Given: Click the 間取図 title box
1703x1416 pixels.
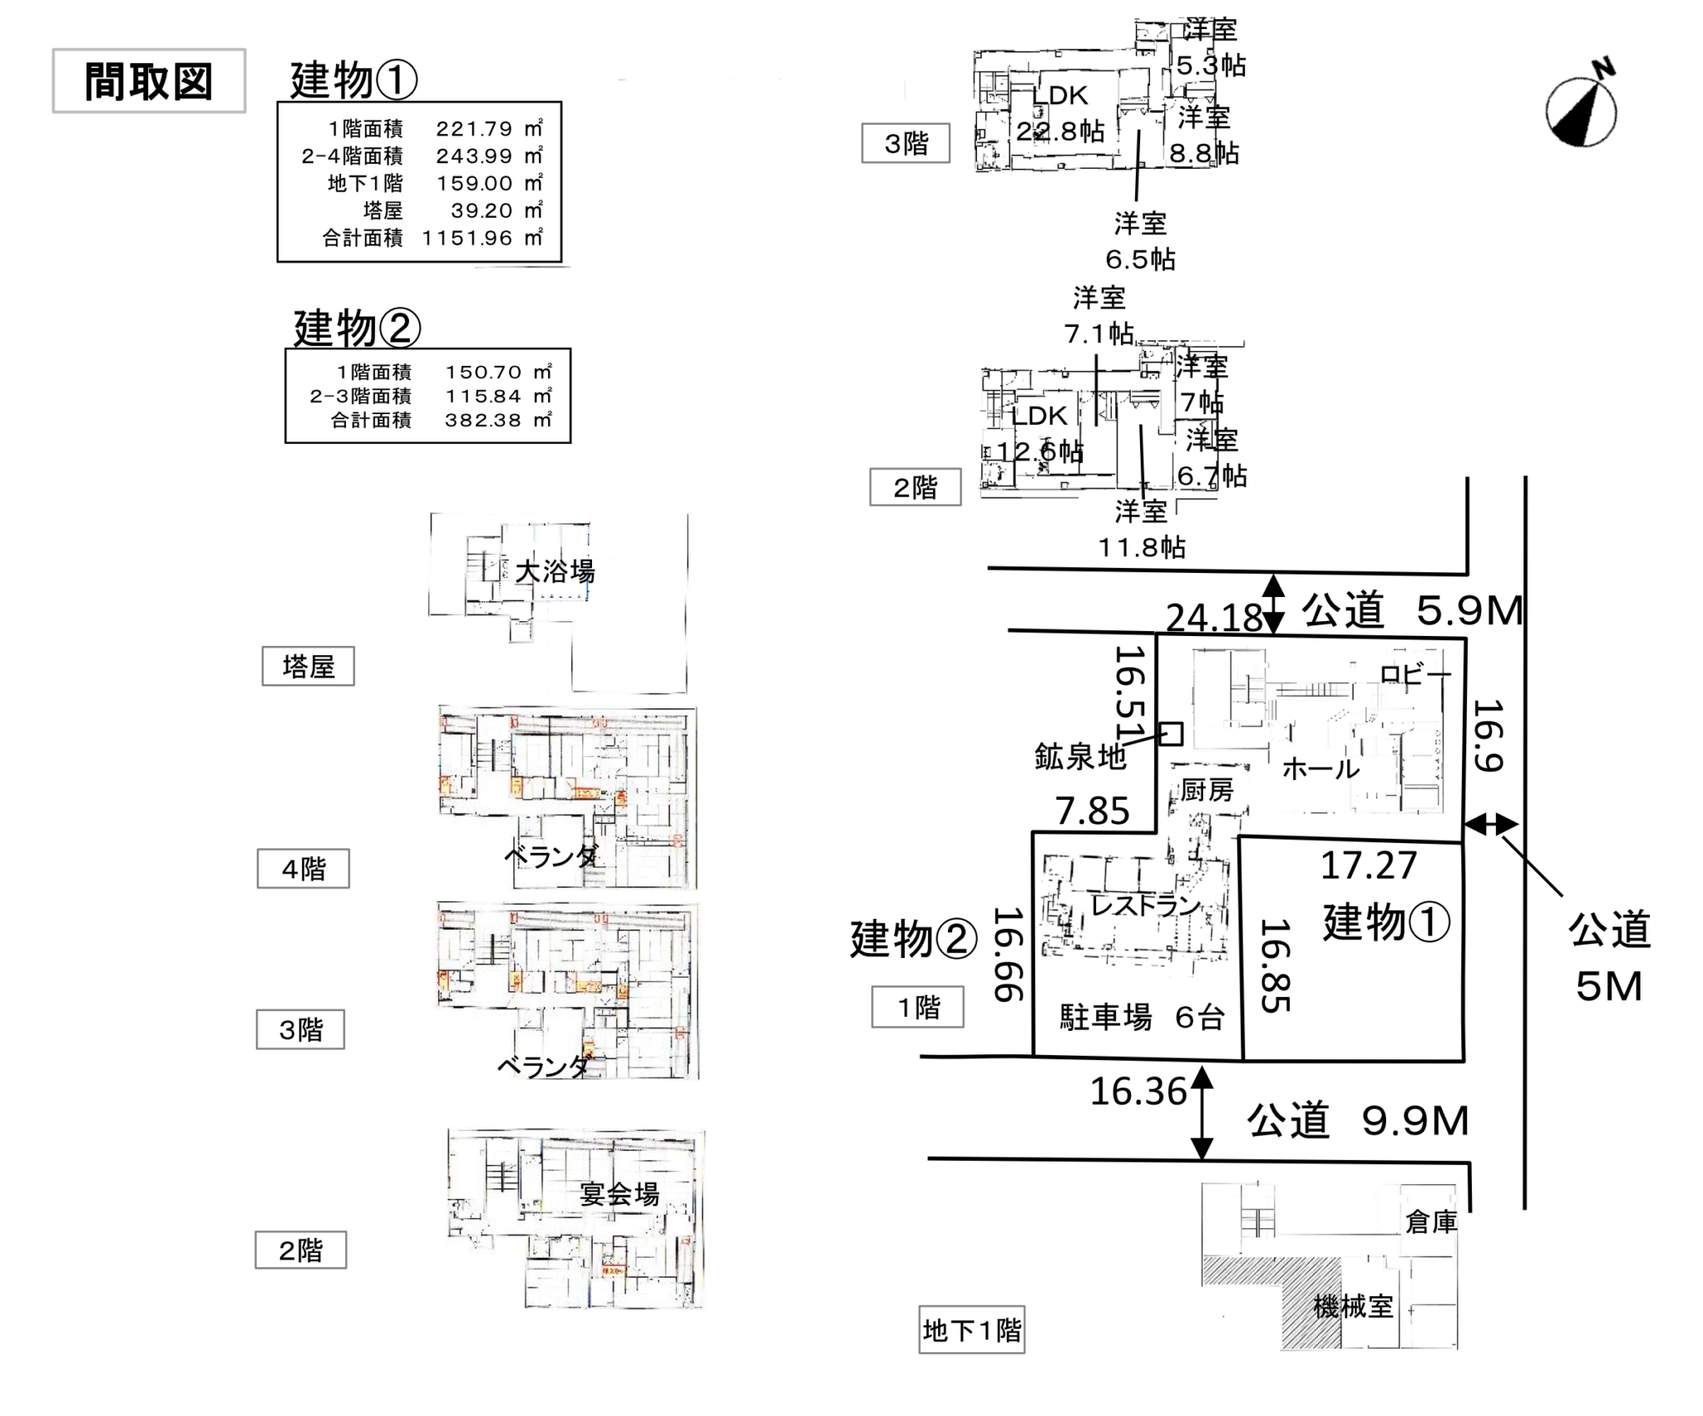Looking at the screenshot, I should (149, 81).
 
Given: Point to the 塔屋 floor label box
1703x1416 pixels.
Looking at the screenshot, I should (308, 666).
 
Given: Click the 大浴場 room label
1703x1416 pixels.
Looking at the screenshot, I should (555, 572).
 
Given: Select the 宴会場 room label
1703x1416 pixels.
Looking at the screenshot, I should (619, 1194).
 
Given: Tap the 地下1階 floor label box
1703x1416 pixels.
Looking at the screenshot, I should (971, 1330).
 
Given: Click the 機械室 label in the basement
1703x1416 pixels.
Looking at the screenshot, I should (1353, 1306).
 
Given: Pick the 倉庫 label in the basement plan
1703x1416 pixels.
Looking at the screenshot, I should (1430, 1221).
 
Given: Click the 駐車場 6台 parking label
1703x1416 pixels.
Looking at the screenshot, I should (1142, 1017).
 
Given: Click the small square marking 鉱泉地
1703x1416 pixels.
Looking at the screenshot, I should (1171, 733).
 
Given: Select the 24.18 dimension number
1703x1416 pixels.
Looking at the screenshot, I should (1214, 617).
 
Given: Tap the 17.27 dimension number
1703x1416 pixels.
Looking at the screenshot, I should (1369, 866).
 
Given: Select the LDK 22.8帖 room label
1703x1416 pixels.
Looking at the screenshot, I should (1060, 113).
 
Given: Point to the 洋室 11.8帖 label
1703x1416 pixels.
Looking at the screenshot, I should (1142, 529).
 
